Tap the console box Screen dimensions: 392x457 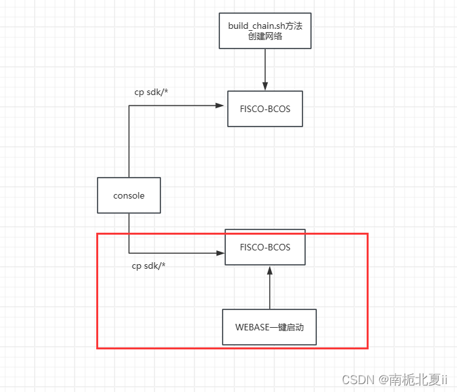click(x=129, y=195)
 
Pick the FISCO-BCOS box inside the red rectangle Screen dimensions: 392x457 click(x=265, y=247)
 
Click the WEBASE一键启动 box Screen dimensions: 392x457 click(x=269, y=327)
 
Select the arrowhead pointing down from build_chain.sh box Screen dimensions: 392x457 click(x=265, y=85)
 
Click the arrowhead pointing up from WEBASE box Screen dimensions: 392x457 click(x=269, y=269)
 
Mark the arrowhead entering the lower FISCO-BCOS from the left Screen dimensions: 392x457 click(x=220, y=252)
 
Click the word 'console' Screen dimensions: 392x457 click(x=129, y=195)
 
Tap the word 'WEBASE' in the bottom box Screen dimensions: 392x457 click(x=253, y=327)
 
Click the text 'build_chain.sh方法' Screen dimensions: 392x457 click(x=265, y=25)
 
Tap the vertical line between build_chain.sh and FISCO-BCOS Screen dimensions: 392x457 click(x=265, y=66)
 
